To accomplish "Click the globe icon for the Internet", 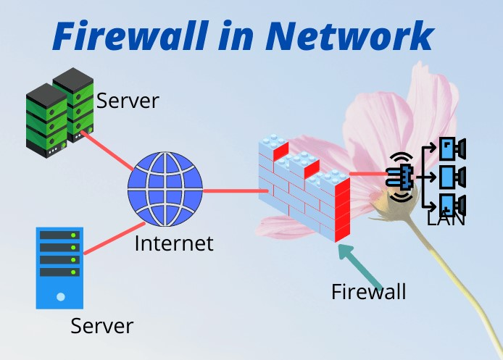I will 165,189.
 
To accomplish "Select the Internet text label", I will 174,243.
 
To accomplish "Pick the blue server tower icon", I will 60,267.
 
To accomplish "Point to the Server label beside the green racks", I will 127,101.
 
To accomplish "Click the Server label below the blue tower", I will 101,326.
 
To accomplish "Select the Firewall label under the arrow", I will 368,292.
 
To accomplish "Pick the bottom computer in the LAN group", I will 453,203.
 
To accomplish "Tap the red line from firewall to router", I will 367,174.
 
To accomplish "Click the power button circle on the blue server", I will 60,296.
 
